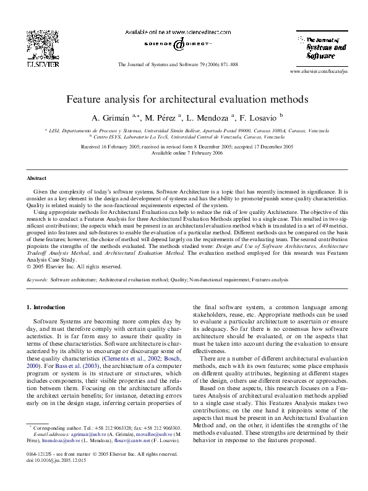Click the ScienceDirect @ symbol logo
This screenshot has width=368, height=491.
(x=178, y=45)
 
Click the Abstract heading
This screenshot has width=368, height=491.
(x=37, y=178)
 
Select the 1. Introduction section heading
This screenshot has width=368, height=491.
(x=46, y=307)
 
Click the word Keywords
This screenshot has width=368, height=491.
(x=37, y=280)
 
